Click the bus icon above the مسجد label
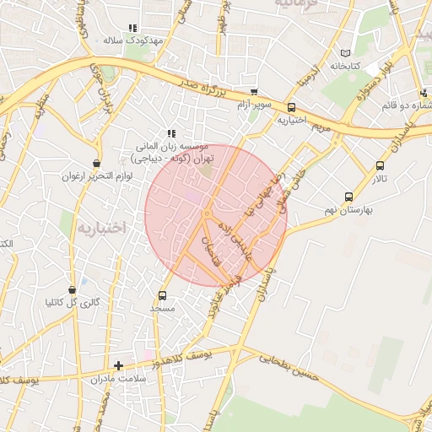[163, 295]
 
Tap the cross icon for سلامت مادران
[118, 366]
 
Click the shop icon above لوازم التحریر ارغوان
[96, 163]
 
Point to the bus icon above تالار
[380, 165]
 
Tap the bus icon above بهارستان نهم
[349, 196]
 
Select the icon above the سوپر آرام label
[254, 93]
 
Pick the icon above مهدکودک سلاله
[132, 28]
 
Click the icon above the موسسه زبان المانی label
[171, 133]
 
